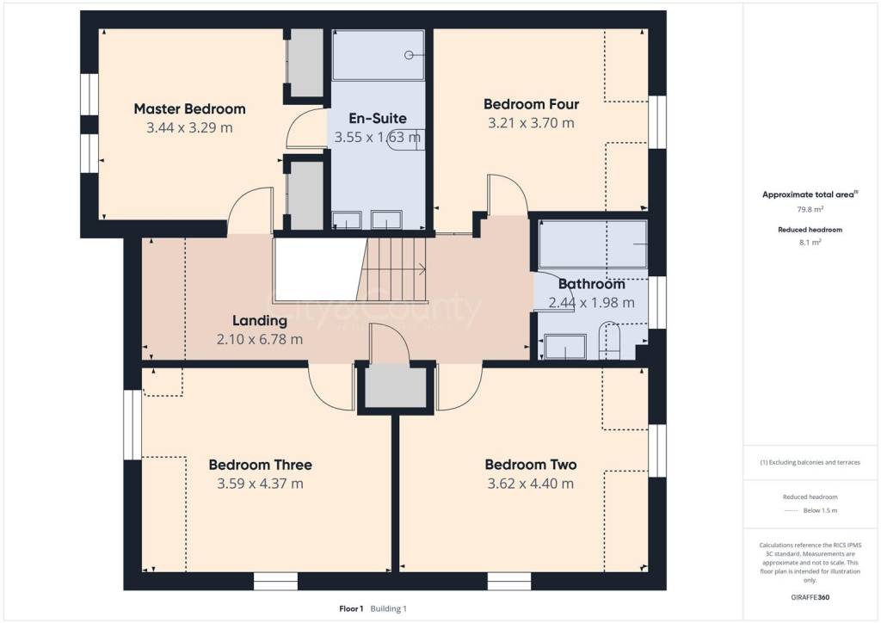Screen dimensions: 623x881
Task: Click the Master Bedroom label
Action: [x=189, y=109]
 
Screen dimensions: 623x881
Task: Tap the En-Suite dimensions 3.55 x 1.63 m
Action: [x=377, y=137]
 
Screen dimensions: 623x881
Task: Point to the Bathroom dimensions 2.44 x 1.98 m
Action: [x=591, y=302]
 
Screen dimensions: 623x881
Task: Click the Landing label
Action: [x=259, y=321]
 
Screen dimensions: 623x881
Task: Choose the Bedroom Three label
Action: [x=260, y=465]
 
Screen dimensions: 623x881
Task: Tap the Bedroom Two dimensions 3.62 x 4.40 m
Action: [x=530, y=484]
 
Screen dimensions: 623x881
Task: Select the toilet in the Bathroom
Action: [x=609, y=342]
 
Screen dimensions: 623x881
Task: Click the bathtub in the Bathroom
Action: [x=592, y=245]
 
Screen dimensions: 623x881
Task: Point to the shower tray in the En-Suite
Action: [x=379, y=56]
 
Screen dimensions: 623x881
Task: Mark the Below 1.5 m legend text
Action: [x=820, y=510]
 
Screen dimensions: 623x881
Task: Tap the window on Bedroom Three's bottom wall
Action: [x=275, y=582]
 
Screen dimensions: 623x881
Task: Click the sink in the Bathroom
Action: [x=565, y=348]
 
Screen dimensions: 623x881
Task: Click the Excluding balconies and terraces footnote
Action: [x=810, y=462]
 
